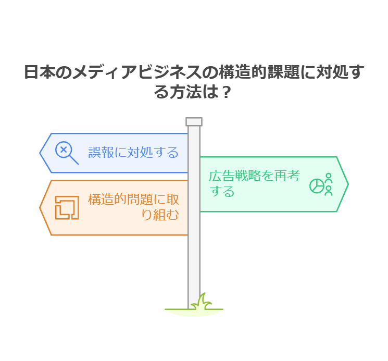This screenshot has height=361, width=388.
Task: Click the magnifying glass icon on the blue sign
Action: click(66, 153)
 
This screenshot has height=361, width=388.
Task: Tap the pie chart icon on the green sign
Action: click(317, 186)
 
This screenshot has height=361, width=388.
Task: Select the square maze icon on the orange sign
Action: click(67, 207)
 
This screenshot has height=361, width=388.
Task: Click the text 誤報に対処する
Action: click(133, 153)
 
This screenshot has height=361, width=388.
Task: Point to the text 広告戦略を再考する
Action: click(254, 184)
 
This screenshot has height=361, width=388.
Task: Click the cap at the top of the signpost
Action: click(194, 122)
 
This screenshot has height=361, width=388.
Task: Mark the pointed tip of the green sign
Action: click(347, 184)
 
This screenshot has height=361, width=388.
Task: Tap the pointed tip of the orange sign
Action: click(41, 207)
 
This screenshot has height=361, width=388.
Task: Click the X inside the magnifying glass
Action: click(64, 150)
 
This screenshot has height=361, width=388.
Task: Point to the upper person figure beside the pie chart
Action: click(328, 177)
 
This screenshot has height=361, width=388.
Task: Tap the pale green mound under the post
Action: click(194, 312)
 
